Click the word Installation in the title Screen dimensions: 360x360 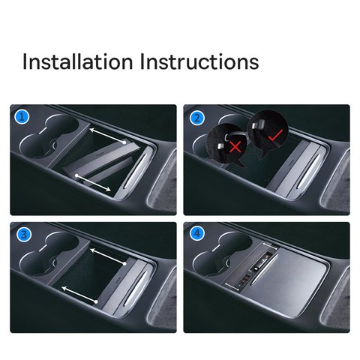[x=77, y=61]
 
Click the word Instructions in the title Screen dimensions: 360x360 [x=199, y=61]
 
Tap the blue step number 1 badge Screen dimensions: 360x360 [x=22, y=117]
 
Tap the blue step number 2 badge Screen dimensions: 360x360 [x=197, y=118]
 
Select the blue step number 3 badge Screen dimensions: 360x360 [x=23, y=235]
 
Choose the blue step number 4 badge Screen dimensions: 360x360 [x=197, y=234]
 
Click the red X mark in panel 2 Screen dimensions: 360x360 [x=235, y=146]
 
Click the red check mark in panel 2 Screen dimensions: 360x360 [x=276, y=134]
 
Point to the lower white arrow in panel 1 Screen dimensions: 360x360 [x=93, y=183]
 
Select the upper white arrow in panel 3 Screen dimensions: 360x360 [x=108, y=256]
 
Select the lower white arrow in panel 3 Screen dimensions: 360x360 [x=79, y=295]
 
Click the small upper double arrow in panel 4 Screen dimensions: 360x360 [x=269, y=245]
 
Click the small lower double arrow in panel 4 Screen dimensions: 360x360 [x=232, y=287]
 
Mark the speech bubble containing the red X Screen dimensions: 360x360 [x=226, y=145]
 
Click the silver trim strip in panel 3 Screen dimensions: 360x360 [x=135, y=288]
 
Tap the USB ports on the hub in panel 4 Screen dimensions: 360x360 [x=244, y=279]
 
